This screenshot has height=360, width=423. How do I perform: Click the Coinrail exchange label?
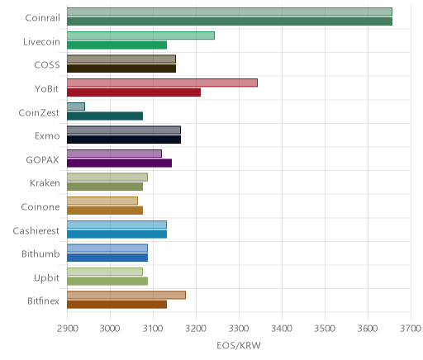pyautogui.click(x=42, y=18)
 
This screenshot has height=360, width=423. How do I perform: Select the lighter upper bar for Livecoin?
pyautogui.click(x=140, y=36)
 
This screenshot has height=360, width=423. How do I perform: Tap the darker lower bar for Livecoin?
pyautogui.click(x=116, y=45)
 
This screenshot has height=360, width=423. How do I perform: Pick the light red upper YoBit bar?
pyautogui.click(x=162, y=83)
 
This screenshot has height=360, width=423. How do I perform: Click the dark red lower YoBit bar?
pyautogui.click(x=134, y=92)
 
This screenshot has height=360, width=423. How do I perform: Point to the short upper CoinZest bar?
pyautogui.click(x=76, y=107)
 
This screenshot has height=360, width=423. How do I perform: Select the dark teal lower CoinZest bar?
pyautogui.click(x=105, y=116)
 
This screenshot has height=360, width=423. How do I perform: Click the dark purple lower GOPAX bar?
pyautogui.click(x=119, y=163)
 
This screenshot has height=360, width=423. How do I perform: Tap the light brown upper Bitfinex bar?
pyautogui.click(x=126, y=295)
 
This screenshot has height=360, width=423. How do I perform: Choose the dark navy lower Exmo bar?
pyautogui.click(x=124, y=140)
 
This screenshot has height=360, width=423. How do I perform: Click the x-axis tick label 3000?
pyautogui.click(x=110, y=329)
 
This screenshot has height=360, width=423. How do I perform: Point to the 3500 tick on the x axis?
pyautogui.click(x=325, y=329)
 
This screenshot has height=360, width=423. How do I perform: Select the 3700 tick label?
pyautogui.click(x=411, y=329)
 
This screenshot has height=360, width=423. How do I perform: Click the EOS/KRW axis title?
pyautogui.click(x=239, y=346)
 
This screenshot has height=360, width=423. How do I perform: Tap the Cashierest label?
pyautogui.click(x=36, y=230)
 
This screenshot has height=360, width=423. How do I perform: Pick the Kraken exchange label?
pyautogui.click(x=45, y=183)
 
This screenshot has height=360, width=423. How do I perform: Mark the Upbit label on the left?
pyautogui.click(x=46, y=278)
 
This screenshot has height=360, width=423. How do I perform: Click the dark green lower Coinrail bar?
pyautogui.click(x=230, y=21)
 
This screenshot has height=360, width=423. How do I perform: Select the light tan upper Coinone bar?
pyautogui.click(x=102, y=201)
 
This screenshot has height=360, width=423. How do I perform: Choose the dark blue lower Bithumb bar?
pyautogui.click(x=107, y=258)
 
